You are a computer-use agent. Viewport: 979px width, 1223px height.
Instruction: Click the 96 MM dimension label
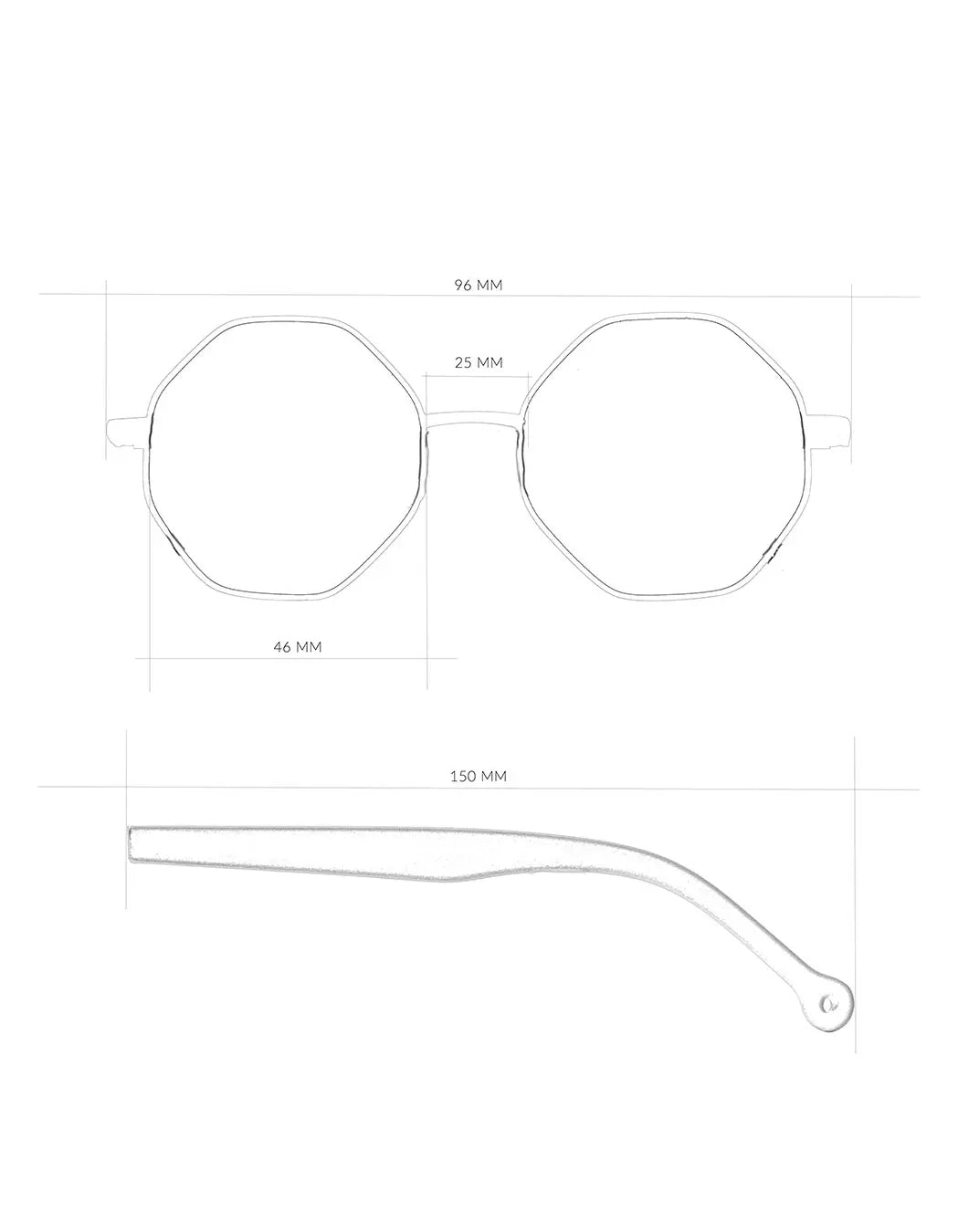[x=479, y=285]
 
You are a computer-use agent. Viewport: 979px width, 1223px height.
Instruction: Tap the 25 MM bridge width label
[x=479, y=362]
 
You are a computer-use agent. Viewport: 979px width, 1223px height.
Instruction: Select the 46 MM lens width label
[x=298, y=647]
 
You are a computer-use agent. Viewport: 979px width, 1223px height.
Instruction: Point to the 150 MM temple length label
[x=479, y=776]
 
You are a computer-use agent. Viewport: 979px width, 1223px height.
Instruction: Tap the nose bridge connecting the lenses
[x=474, y=420]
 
